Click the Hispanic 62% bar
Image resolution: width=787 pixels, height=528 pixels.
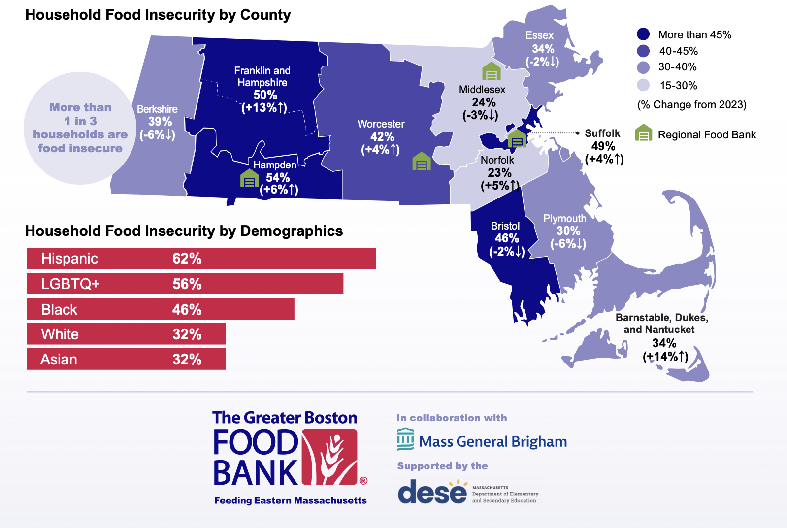point(201,259)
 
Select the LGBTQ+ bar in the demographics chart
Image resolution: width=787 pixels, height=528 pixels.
point(185,284)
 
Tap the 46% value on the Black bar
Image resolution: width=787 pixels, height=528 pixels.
point(187,310)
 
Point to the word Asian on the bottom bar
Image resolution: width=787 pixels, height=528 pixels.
point(59,360)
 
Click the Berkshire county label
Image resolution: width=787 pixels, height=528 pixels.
point(157,109)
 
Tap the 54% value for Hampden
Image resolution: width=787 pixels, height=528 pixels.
point(278,178)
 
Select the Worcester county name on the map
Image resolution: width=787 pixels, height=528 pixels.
point(381,124)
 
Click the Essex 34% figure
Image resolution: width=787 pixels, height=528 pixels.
point(543,49)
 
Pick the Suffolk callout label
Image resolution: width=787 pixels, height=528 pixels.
point(602,133)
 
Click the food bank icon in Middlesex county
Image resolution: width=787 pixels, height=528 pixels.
point(491,72)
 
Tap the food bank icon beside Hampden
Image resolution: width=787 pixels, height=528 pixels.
point(249,179)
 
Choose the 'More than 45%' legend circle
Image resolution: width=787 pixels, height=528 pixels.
point(643,34)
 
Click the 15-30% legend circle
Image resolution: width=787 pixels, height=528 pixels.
point(643,85)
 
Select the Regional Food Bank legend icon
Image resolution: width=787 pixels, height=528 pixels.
point(643,133)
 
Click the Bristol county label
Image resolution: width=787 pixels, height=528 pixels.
point(505,226)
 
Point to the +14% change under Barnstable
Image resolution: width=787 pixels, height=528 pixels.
point(665,356)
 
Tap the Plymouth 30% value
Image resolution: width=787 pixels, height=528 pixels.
point(568,231)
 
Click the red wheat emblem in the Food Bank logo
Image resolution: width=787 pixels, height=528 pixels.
point(329,457)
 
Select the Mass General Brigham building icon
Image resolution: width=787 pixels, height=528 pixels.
point(405,439)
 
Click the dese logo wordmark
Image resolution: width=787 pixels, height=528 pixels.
point(432,492)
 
